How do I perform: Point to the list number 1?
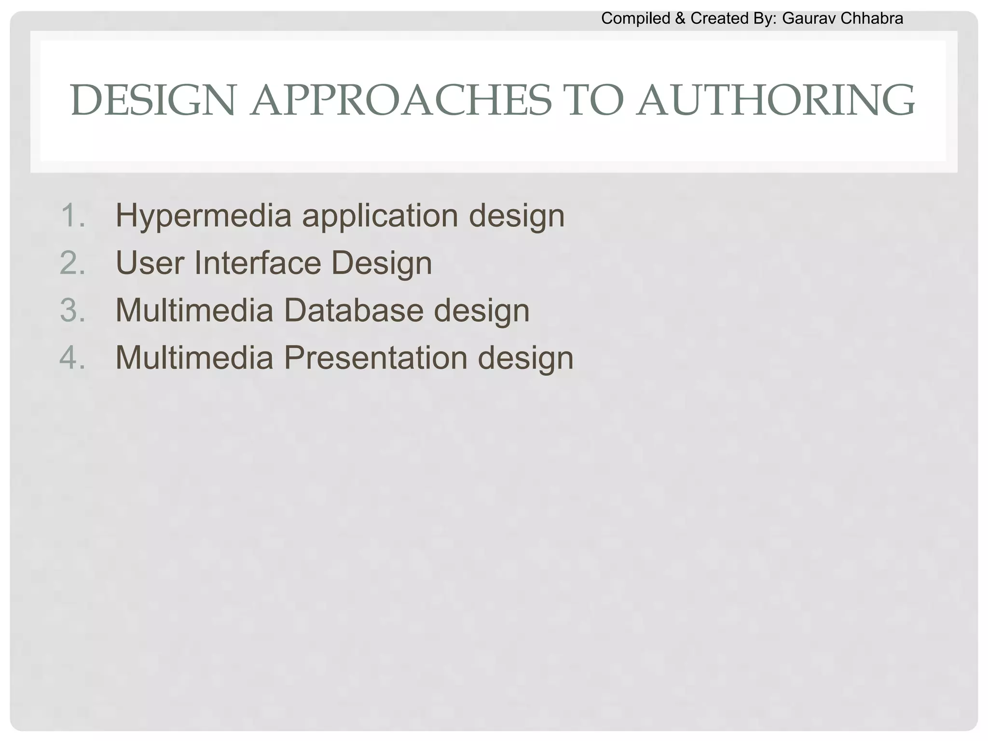[x=73, y=215]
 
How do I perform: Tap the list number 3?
[x=73, y=310]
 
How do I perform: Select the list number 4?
[x=73, y=357]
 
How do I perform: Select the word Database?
[x=354, y=310]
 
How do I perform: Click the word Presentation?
[x=375, y=357]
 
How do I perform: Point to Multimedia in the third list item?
[x=194, y=310]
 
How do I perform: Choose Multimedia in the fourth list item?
[x=194, y=357]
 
